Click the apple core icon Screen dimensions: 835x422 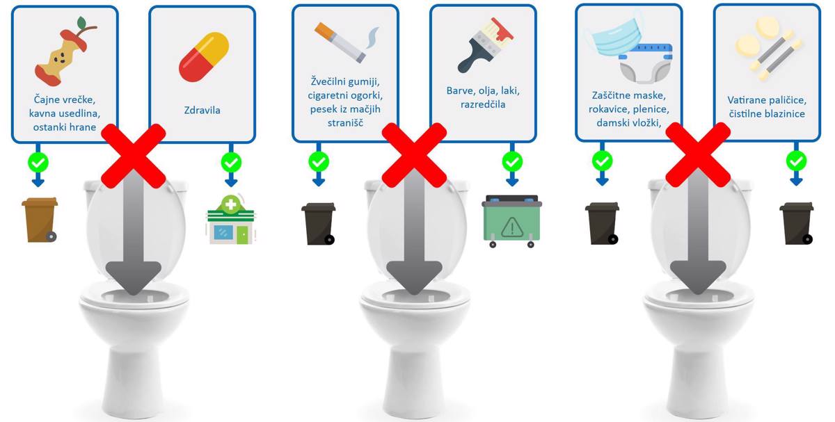coord(64,52)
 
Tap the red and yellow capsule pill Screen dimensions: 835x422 coord(203,57)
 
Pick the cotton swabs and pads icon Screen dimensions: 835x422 coord(768,48)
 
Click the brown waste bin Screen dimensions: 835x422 coord(40,220)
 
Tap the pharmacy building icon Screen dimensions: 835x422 coord(231,220)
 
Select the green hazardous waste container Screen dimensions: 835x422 coord(512,221)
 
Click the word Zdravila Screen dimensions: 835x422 coord(202,111)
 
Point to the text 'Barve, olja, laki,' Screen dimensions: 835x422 coord(483,91)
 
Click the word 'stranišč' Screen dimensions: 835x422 coord(345,123)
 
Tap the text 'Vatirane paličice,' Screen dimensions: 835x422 coord(767,100)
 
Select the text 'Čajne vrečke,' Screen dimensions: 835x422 coord(65,100)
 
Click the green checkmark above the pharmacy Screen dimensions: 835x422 coord(231,163)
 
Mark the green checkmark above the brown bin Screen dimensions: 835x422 coord(38,163)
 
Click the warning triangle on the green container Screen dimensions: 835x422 coord(512,227)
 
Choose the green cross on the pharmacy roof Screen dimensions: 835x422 coord(231,204)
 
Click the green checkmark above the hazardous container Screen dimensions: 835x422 coord(512,162)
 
